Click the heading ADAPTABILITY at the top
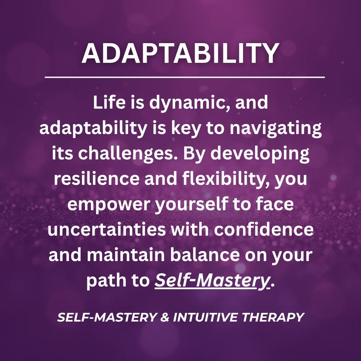tap(180, 53)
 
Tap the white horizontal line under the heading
tap(185, 77)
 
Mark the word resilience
tap(97, 178)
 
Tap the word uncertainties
tap(107, 229)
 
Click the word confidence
tap(264, 229)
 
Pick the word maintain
tap(126, 255)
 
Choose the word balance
tap(205, 255)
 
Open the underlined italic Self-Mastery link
tap(212, 281)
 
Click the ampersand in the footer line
tap(165, 317)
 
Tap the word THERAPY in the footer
tap(273, 317)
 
